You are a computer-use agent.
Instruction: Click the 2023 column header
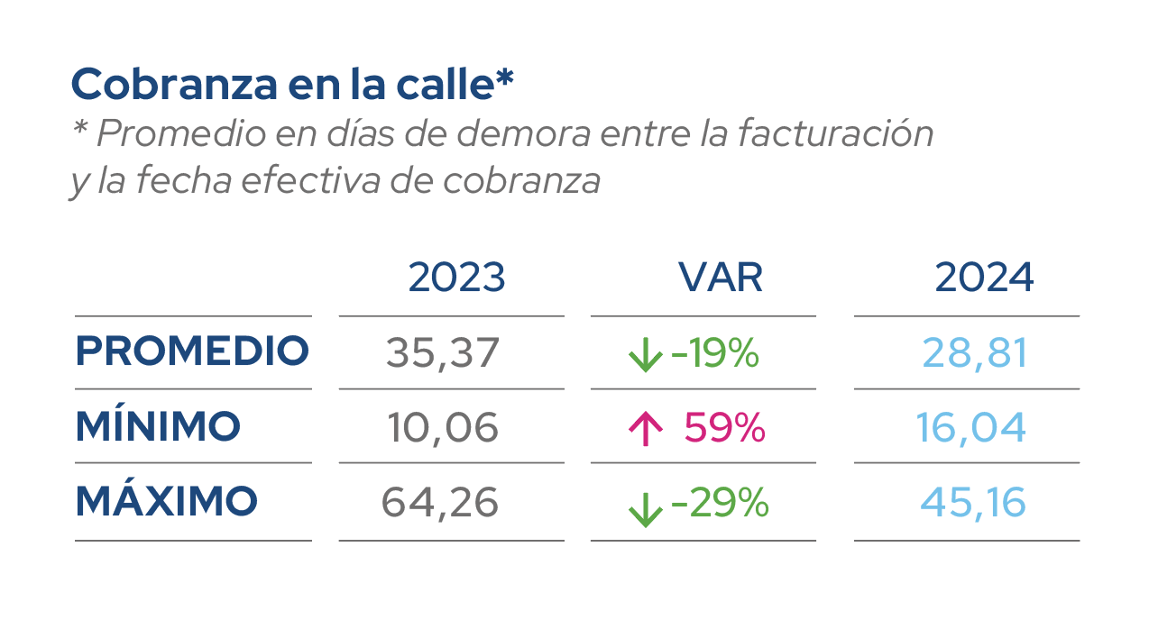click(456, 278)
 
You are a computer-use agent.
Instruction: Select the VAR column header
click(721, 278)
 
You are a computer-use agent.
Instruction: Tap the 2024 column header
click(984, 278)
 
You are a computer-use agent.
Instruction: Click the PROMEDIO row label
click(192, 351)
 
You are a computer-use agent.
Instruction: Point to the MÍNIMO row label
click(158, 425)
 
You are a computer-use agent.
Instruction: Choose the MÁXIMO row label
click(166, 501)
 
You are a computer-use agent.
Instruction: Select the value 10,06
click(443, 427)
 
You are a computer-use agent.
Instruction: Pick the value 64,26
click(440, 502)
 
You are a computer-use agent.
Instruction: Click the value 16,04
click(971, 427)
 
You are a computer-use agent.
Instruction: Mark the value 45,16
click(973, 502)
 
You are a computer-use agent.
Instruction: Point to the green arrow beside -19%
click(645, 356)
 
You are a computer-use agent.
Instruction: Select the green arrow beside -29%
click(645, 508)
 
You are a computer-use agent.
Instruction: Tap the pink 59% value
click(724, 427)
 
